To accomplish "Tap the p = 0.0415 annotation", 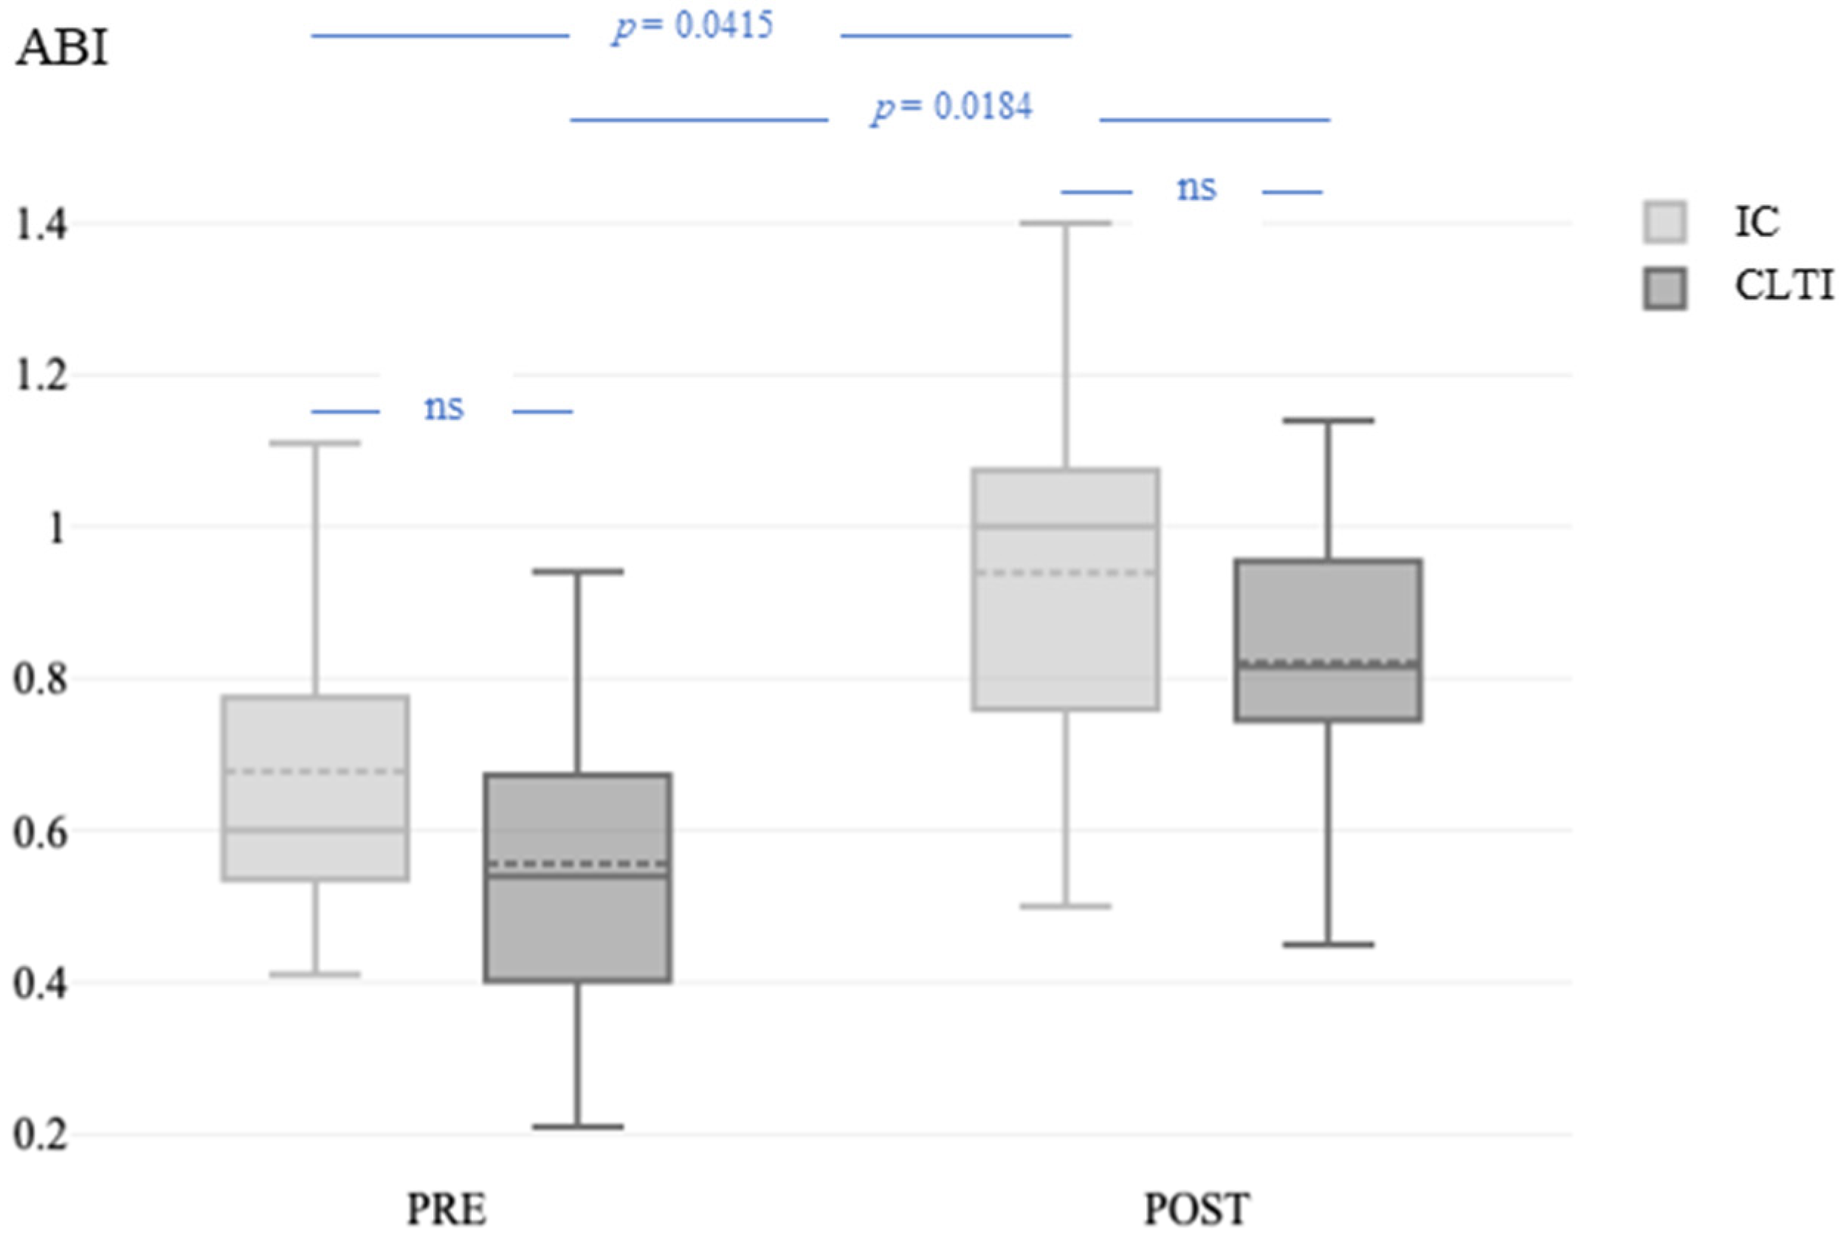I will (x=694, y=27).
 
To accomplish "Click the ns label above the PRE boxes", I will (x=444, y=408).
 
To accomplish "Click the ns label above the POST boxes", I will (x=1196, y=188).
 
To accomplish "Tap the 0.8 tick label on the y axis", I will (x=39, y=679).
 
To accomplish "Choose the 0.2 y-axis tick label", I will (x=39, y=1135).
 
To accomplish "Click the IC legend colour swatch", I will (x=1664, y=221).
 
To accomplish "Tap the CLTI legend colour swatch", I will (x=1664, y=288).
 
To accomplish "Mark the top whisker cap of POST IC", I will (x=1066, y=223).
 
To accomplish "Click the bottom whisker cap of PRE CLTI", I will (x=579, y=1126).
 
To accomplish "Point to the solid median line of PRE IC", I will (x=316, y=830).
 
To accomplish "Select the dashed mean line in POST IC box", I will (x=1066, y=573).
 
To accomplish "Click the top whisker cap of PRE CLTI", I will (x=579, y=571).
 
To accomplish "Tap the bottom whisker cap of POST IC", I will (x=1066, y=906).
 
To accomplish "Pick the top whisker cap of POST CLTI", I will (x=1329, y=421).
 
